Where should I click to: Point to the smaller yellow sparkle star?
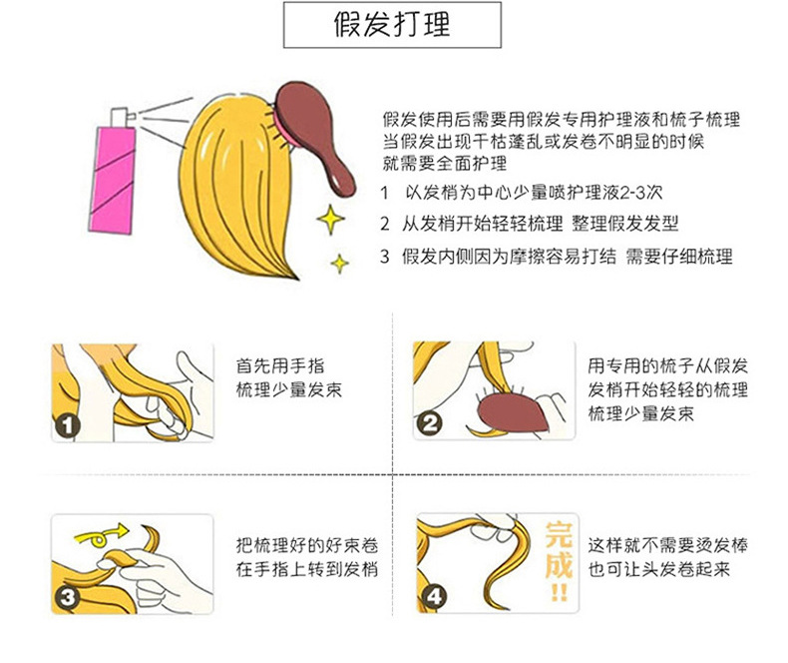point(341,263)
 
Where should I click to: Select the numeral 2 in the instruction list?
point(385,224)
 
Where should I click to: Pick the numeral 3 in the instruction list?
point(385,257)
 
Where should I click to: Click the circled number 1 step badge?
point(69,425)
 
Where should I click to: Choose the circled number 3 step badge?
point(69,597)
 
